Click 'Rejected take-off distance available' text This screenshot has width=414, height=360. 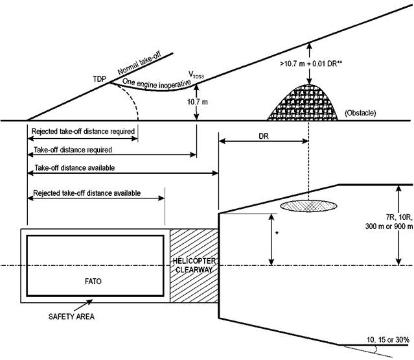[86, 193]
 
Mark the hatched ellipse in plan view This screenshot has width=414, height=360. [308, 206]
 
